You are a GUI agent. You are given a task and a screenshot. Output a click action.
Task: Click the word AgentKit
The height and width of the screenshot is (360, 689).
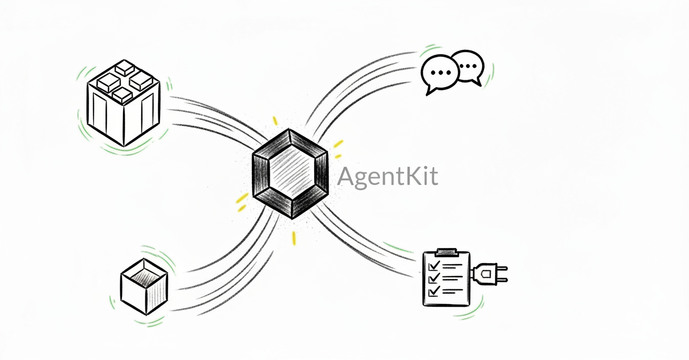(x=387, y=177)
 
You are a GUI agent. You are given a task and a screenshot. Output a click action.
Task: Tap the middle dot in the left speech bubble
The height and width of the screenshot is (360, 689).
(x=440, y=72)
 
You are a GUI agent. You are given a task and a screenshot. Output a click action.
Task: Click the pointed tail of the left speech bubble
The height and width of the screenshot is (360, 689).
(x=430, y=90)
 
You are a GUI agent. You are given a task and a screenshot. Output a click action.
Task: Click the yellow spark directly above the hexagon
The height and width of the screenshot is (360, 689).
(x=275, y=120)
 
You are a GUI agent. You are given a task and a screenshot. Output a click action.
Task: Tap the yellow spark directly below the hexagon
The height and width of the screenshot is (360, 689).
(x=294, y=238)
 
